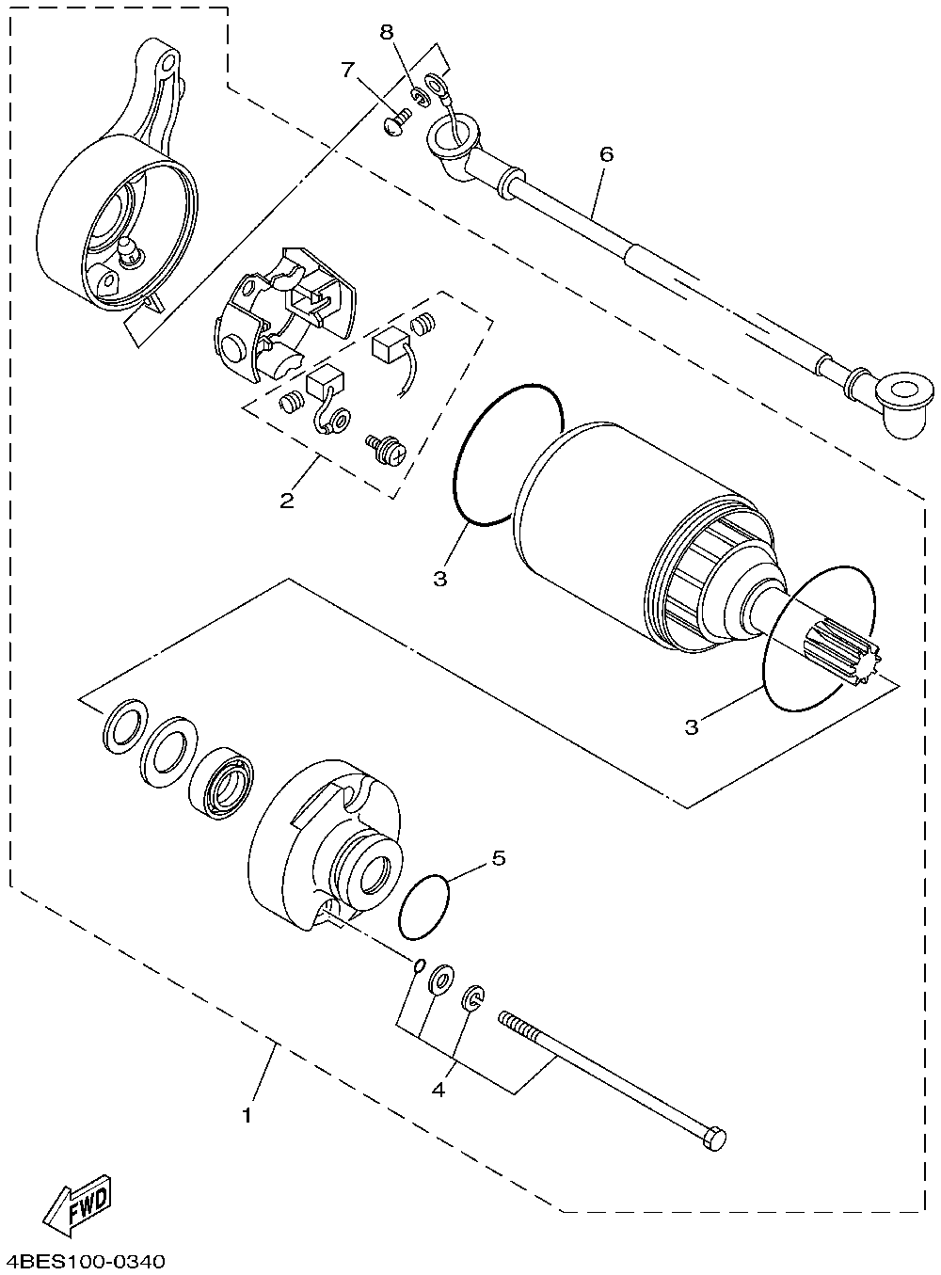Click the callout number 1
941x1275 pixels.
click(x=247, y=1116)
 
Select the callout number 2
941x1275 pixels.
click(x=286, y=500)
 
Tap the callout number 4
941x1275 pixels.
click(x=438, y=1090)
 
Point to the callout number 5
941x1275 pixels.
click(x=499, y=857)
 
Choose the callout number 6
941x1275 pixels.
click(x=605, y=153)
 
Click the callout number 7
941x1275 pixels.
click(x=348, y=70)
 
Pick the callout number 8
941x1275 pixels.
click(x=387, y=32)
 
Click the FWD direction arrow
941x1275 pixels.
click(x=80, y=1205)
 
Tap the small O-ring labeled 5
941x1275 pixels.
click(x=423, y=906)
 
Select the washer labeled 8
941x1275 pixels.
click(x=420, y=94)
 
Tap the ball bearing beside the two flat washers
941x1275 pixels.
click(x=224, y=781)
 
